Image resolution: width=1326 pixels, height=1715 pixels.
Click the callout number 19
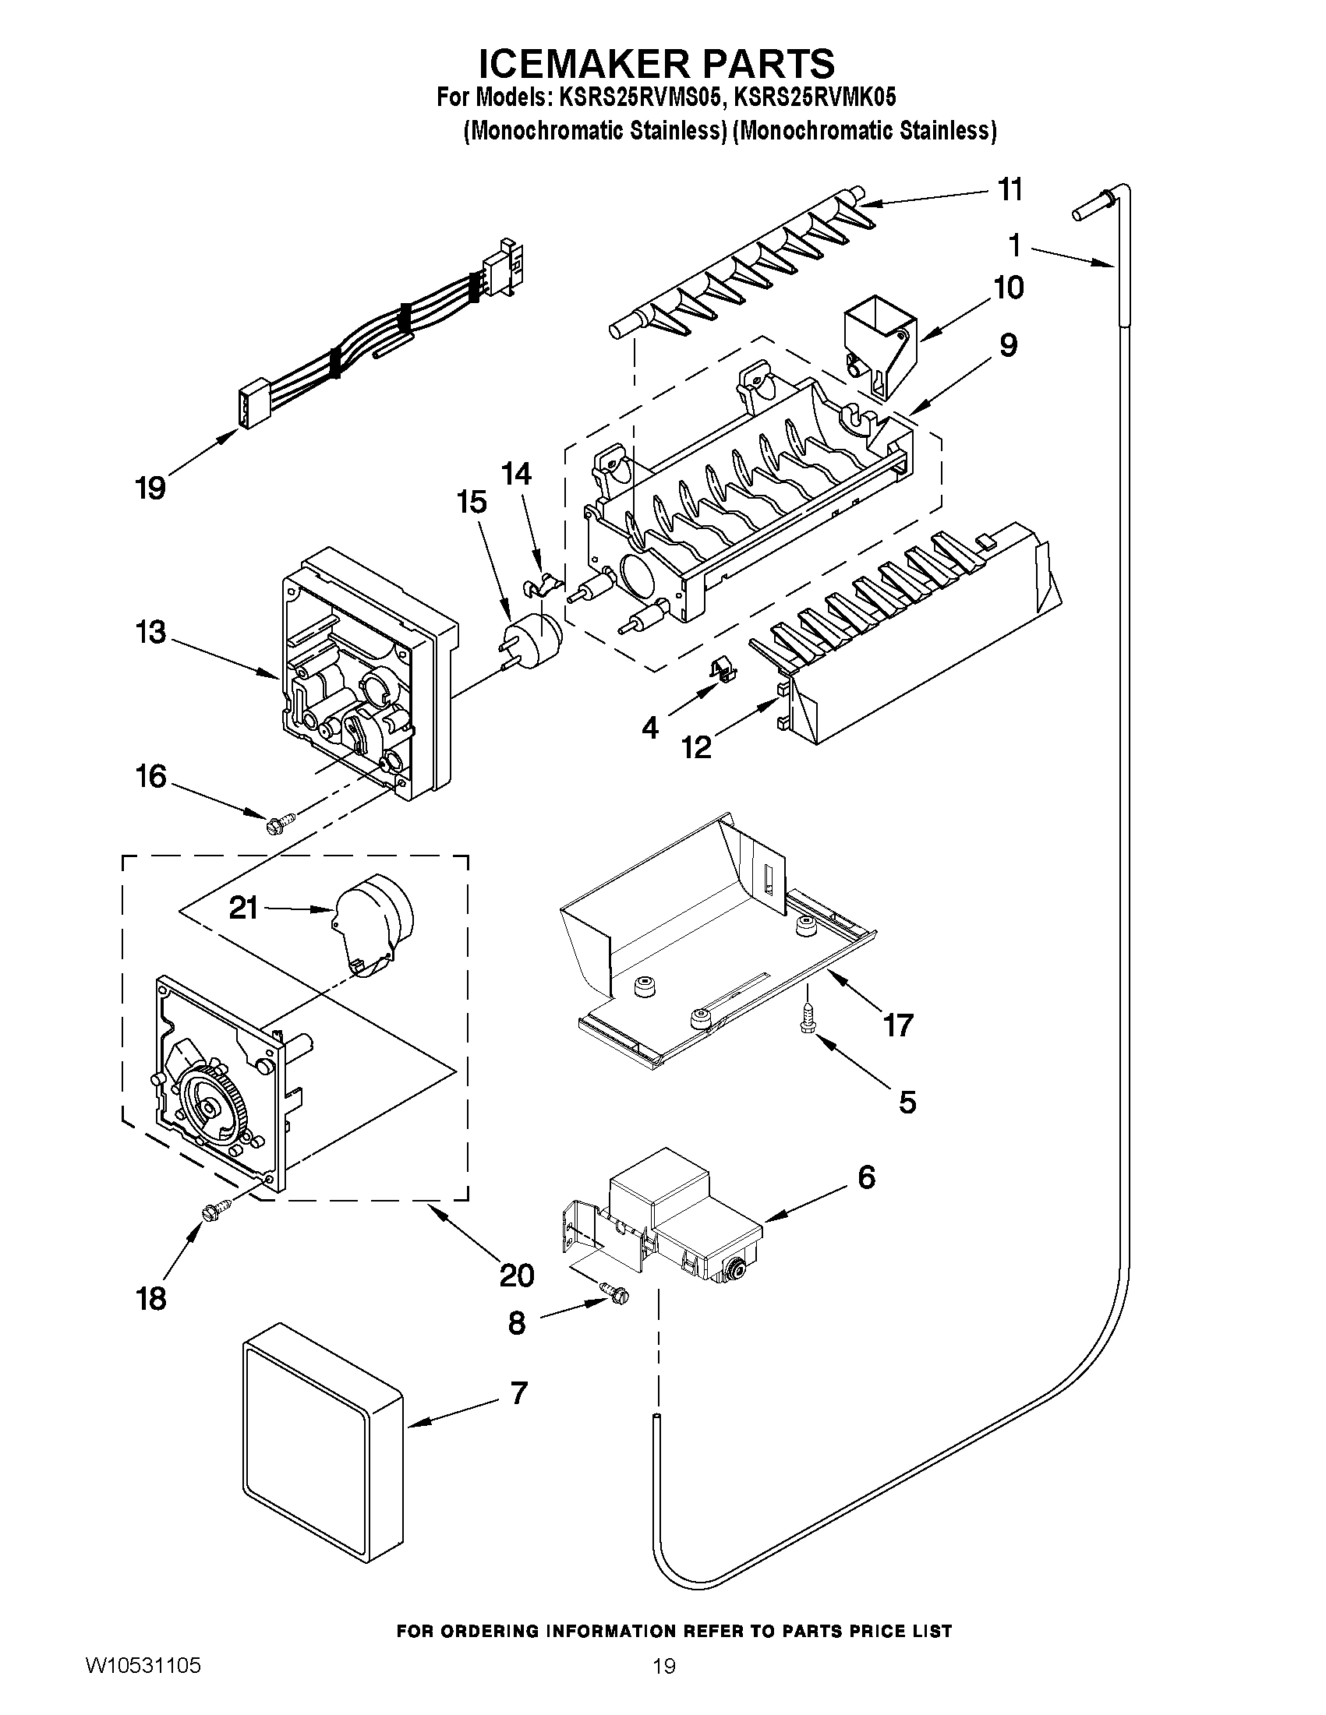150,488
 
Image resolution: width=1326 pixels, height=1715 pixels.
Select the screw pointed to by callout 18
215,1210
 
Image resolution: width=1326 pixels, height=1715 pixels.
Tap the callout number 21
243,908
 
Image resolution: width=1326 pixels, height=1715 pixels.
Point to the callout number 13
150,632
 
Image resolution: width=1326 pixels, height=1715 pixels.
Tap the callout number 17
897,1025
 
